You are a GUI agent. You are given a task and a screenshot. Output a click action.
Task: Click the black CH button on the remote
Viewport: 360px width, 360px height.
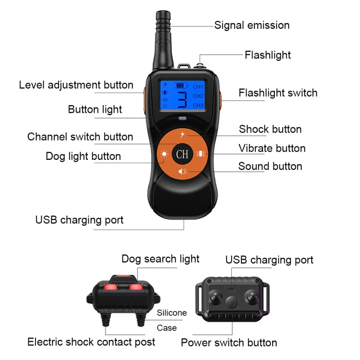(x=182, y=154)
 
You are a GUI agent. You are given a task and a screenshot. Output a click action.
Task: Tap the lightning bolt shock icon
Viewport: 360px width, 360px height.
(x=182, y=135)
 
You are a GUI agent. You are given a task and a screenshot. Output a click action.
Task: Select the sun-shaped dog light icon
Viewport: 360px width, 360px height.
(x=164, y=155)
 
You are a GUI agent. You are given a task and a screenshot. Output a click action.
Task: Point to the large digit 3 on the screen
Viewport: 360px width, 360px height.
(x=182, y=99)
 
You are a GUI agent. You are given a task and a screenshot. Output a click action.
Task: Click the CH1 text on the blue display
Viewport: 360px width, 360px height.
(x=198, y=87)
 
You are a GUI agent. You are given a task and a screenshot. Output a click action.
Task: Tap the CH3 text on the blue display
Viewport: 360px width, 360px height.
(x=198, y=105)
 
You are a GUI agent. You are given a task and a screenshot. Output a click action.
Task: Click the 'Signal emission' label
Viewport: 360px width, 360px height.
(x=252, y=25)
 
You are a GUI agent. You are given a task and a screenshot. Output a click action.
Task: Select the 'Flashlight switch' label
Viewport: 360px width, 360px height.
(x=278, y=93)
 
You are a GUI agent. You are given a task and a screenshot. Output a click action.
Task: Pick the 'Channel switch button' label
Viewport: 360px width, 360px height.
(x=80, y=137)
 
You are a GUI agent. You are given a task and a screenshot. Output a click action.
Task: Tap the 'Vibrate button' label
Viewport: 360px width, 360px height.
(x=272, y=148)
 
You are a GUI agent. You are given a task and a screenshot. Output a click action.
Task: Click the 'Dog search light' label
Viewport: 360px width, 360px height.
(x=160, y=259)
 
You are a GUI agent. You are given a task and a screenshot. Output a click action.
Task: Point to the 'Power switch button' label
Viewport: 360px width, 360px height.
(x=228, y=343)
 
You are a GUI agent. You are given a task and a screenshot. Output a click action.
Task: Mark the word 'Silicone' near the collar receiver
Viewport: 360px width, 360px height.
(x=172, y=313)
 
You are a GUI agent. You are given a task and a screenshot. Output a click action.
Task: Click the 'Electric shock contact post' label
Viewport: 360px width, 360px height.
(x=91, y=342)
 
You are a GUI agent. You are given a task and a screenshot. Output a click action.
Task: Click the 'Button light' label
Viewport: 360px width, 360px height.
(x=95, y=109)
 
